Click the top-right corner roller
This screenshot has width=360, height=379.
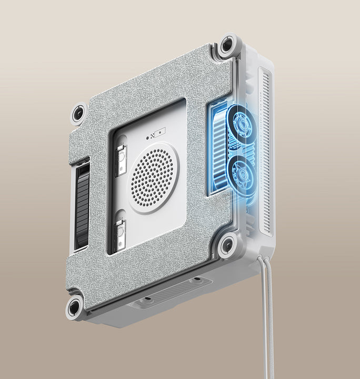click(228, 45)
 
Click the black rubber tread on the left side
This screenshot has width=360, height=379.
click(83, 205)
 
